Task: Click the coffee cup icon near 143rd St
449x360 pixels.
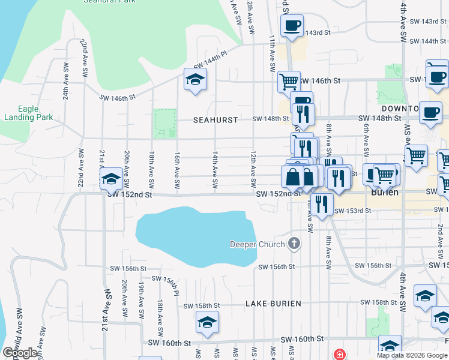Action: point(292,26)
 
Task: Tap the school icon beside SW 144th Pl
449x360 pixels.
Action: point(195,80)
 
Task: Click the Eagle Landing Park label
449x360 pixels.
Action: point(28,113)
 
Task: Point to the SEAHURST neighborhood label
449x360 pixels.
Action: point(215,119)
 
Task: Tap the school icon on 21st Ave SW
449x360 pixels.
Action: point(111,179)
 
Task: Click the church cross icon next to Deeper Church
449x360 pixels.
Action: point(294,244)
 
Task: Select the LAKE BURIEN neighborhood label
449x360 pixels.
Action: point(273,304)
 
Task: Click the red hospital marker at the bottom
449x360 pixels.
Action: point(340,354)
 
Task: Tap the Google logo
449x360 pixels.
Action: point(20,353)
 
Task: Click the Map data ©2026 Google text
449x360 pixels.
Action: point(412,355)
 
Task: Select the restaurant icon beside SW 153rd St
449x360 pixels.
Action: point(322,205)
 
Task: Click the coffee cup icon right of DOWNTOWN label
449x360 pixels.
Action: point(430,113)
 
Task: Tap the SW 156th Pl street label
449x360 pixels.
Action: point(166,283)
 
